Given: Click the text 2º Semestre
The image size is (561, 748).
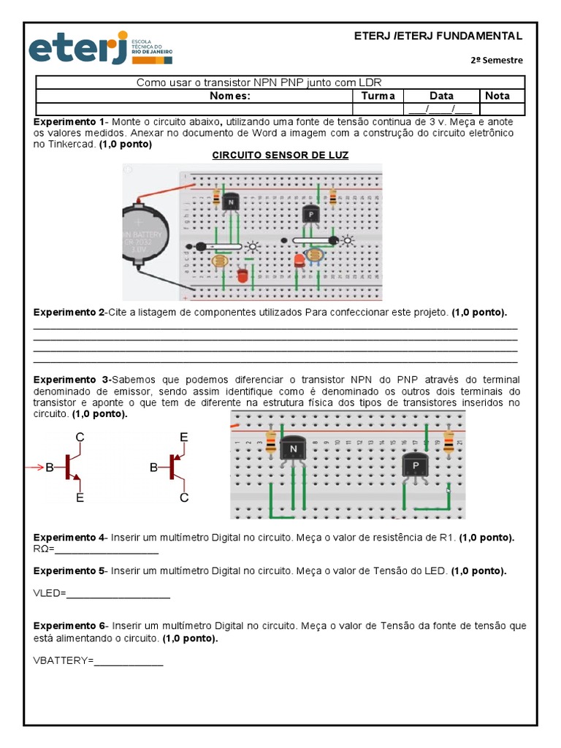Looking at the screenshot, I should (497, 60).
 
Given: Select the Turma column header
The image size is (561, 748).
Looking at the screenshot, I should (378, 96).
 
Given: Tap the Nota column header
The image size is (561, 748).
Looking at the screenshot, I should (497, 96).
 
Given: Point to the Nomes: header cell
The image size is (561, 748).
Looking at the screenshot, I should (230, 96).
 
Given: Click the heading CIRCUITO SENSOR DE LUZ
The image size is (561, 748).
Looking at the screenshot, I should (280, 156).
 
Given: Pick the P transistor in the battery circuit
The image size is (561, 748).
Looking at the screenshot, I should (310, 214).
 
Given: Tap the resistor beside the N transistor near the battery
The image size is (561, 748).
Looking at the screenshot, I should (216, 196).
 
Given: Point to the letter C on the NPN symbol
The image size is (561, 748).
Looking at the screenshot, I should (80, 437).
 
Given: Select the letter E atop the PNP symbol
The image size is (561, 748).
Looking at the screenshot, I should (184, 437).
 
